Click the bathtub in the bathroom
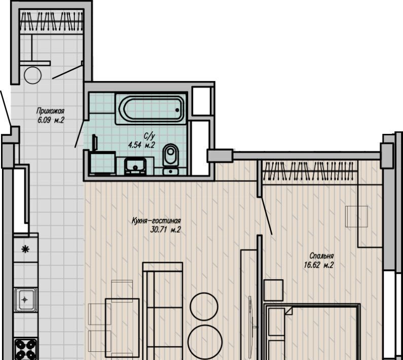click(x=151, y=109)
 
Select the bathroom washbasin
click(x=135, y=166)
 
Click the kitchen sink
click(x=25, y=300)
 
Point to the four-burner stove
click(x=26, y=349)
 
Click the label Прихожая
click(x=50, y=111)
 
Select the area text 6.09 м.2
click(x=51, y=120)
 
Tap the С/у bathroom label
click(x=150, y=136)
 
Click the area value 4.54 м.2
click(x=141, y=145)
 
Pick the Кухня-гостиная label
click(x=156, y=221)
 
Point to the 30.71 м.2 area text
click(x=166, y=230)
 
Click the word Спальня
click(x=321, y=256)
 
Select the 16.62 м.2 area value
click(x=319, y=265)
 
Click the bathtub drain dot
click(x=177, y=110)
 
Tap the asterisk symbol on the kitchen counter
click(x=25, y=249)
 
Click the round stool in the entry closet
click(x=32, y=76)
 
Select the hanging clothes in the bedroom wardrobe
click(x=310, y=170)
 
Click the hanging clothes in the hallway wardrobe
click(x=51, y=21)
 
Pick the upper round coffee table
click(x=204, y=307)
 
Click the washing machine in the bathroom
click(x=102, y=163)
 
